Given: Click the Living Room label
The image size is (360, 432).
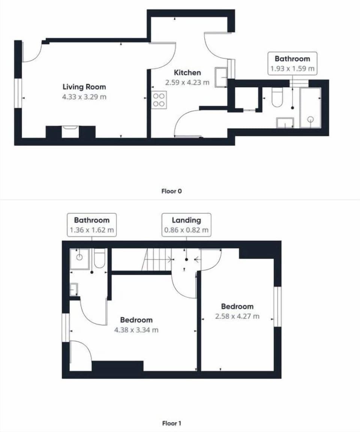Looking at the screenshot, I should [x=84, y=87].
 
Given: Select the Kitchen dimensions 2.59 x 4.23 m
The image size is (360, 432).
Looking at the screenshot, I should [x=187, y=82].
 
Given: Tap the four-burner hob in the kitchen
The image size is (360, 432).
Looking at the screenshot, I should [x=159, y=100].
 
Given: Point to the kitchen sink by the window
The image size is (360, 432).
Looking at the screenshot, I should [x=221, y=77].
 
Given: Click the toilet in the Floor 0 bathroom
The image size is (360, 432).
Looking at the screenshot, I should [x=277, y=97].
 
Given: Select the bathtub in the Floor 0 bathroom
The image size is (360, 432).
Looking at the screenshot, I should [x=310, y=108].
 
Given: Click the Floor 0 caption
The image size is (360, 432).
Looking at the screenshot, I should [x=171, y=191].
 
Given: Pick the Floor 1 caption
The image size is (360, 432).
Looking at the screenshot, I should [x=171, y=423].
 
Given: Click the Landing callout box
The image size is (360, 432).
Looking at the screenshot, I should [x=186, y=225].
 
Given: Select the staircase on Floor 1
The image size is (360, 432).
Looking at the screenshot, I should [x=157, y=259].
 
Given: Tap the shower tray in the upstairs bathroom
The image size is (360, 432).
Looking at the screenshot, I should [x=80, y=259].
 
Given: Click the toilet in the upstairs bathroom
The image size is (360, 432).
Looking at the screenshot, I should [x=99, y=259].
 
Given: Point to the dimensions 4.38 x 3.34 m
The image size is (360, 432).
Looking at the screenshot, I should [x=136, y=330].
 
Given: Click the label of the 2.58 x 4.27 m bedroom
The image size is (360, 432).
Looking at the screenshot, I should [x=237, y=306].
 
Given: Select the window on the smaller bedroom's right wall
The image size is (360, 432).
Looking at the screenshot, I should [x=277, y=306].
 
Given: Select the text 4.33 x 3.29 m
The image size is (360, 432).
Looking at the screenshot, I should [x=84, y=97].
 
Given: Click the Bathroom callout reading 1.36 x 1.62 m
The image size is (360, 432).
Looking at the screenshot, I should [x=91, y=225].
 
